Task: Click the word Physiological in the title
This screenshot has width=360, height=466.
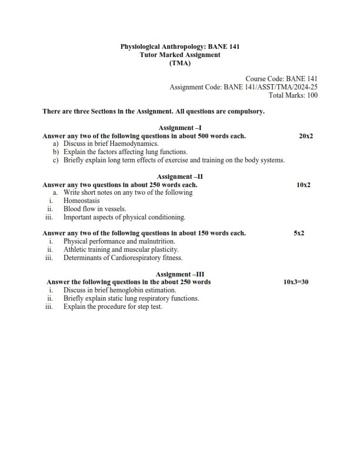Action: pos(140,46)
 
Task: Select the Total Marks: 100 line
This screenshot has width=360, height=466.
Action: pos(292,95)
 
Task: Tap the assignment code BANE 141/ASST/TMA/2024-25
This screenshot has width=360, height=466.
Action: pos(271,87)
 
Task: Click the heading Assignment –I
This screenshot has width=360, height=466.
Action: pos(180,128)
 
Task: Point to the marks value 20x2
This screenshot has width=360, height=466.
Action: pos(306,136)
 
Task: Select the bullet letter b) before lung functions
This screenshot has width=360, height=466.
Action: pos(56,152)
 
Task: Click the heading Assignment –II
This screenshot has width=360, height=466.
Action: pos(180,177)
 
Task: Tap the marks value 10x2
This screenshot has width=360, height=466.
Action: pos(304,185)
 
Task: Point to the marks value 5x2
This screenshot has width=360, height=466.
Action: pos(299,234)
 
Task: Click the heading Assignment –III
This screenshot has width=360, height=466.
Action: pos(180,274)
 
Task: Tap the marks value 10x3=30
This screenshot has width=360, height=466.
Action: pos(296,282)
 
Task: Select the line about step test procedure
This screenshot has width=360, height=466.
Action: pos(112,307)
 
